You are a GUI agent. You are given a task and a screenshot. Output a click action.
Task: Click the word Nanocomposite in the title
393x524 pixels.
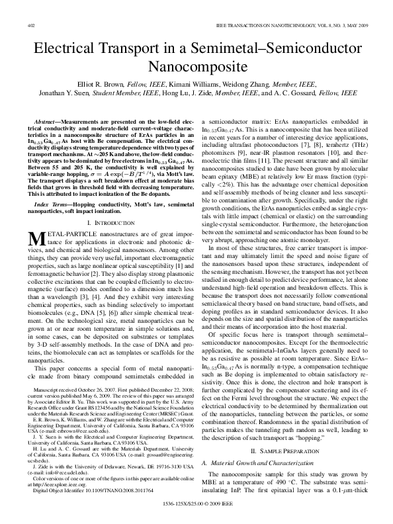pos(196,67)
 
